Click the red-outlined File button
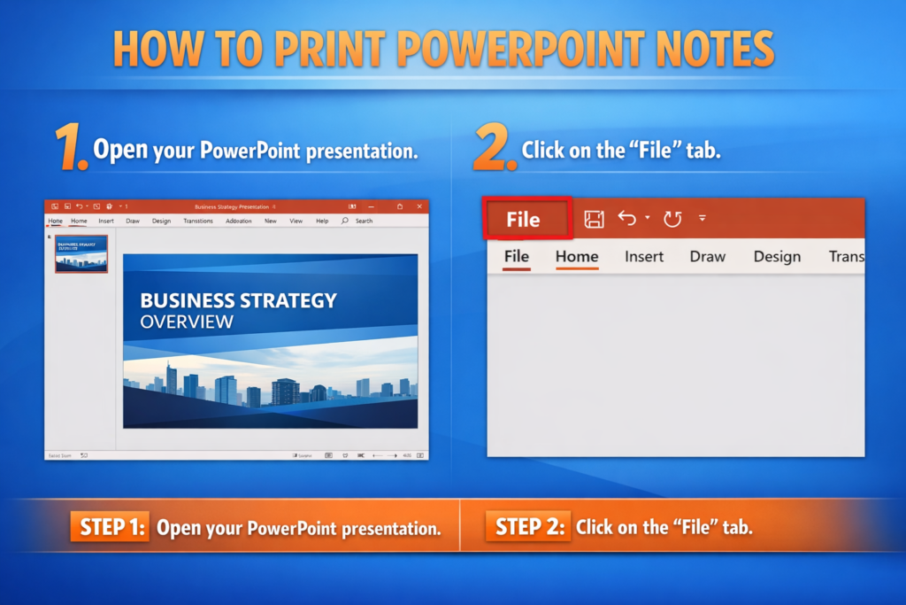click(527, 219)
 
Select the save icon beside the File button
click(594, 219)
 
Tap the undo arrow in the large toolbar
click(627, 218)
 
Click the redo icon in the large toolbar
click(672, 219)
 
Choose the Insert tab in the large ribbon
click(644, 257)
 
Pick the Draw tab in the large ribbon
click(707, 257)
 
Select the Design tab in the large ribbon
click(777, 257)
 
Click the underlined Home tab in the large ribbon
click(577, 257)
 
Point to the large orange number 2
click(494, 146)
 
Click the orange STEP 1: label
click(110, 527)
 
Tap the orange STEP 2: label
click(528, 527)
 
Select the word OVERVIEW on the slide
click(187, 322)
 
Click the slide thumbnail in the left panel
click(81, 253)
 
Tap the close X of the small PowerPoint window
click(420, 206)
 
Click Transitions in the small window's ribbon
click(198, 221)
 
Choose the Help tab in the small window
click(322, 221)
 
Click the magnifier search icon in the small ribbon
click(344, 221)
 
